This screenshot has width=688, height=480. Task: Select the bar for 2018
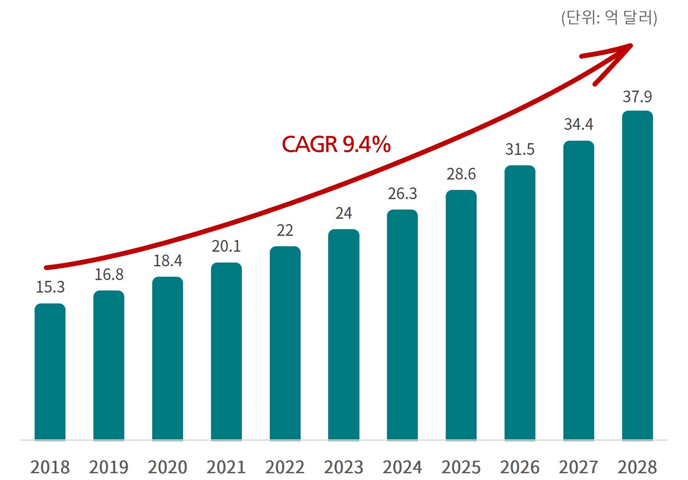(50, 372)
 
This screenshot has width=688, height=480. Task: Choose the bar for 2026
(520, 303)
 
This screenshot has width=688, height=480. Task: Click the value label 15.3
(50, 287)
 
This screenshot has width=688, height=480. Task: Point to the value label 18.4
(168, 261)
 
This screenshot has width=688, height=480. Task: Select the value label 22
(285, 231)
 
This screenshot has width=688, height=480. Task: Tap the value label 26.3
(402, 194)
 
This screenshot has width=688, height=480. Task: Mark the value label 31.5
(520, 150)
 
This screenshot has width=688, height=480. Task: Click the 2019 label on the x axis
(109, 467)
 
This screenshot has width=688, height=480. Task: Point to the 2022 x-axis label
(285, 467)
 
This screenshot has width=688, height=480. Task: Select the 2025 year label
(461, 467)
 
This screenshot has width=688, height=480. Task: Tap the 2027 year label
(578, 467)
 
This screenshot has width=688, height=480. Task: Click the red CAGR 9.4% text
(336, 145)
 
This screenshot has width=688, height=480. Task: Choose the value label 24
(343, 213)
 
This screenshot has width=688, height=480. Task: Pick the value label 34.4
(578, 124)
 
